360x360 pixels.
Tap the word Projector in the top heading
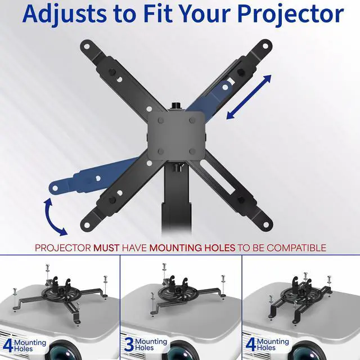(x=281, y=15)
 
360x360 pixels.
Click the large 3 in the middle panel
(x=129, y=344)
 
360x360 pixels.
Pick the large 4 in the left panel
(x=7, y=344)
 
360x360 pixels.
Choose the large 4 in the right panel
(x=251, y=344)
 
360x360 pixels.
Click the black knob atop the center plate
(x=175, y=105)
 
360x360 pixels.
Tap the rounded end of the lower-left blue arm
(x=55, y=186)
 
